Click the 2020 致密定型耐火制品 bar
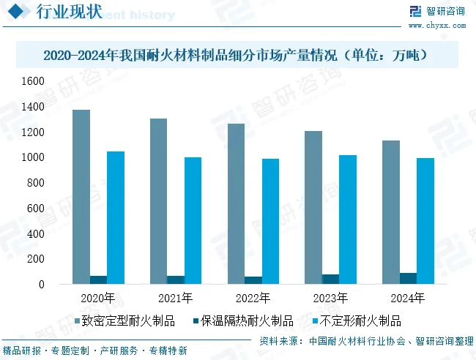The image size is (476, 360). (x=81, y=196)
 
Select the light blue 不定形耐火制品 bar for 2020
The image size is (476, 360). (x=116, y=217)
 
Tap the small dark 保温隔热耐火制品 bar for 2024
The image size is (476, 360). (x=408, y=278)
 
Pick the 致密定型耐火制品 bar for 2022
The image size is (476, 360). (x=236, y=203)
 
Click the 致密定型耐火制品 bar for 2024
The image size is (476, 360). (x=391, y=211)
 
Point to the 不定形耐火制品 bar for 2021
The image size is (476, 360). (x=193, y=220)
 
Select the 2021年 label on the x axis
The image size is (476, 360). (x=176, y=298)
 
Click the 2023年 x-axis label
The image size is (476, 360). (x=330, y=298)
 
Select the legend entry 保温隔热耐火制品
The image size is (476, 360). (x=247, y=320)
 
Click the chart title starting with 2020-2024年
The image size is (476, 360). (x=235, y=55)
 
